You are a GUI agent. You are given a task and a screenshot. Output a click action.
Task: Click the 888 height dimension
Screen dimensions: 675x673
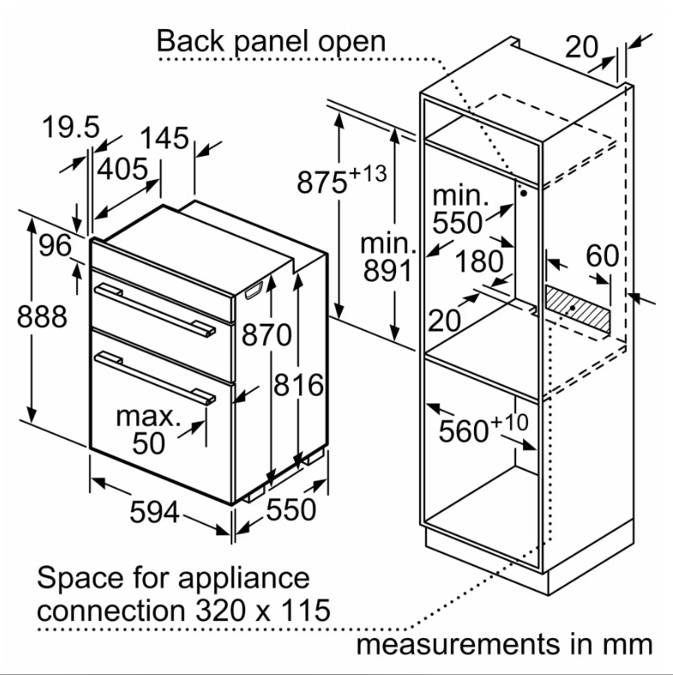coord(42,316)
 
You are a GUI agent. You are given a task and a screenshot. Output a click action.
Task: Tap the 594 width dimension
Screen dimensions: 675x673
coord(155,511)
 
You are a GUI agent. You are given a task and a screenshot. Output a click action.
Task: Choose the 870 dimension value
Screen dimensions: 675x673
coord(264,335)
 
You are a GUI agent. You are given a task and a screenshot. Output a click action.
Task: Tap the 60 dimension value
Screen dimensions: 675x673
coord(603,255)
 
